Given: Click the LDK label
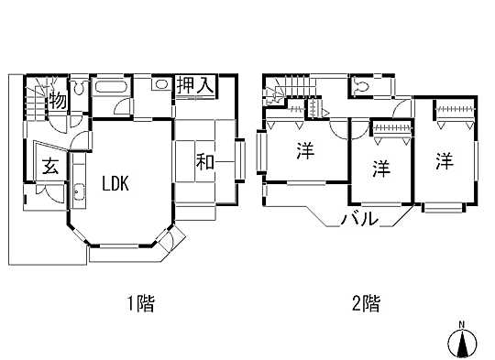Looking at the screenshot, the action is (115, 183).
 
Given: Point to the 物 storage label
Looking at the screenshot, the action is (57, 101).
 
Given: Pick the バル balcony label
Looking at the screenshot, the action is (359, 219).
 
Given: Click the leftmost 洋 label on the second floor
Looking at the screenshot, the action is (304, 153).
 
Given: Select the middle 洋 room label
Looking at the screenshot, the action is (379, 169).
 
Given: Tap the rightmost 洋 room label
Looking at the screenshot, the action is (445, 161).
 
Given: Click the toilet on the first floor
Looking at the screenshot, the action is (79, 90).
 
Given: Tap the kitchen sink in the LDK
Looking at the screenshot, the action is (78, 194).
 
